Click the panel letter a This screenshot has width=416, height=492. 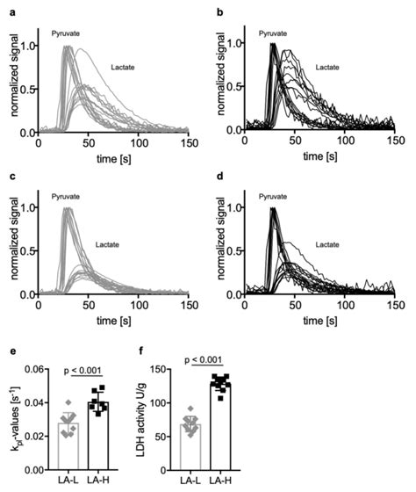point(7,8)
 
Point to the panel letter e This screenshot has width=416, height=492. point(7,345)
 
